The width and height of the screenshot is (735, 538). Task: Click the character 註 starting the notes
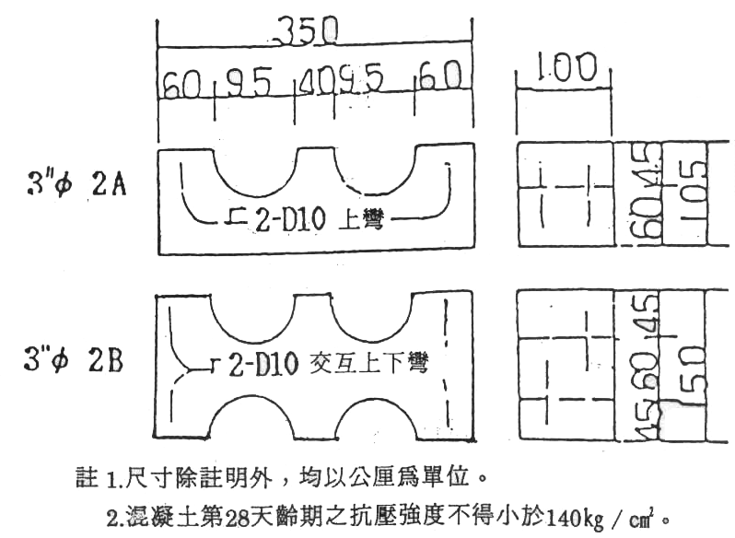pos(84,480)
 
